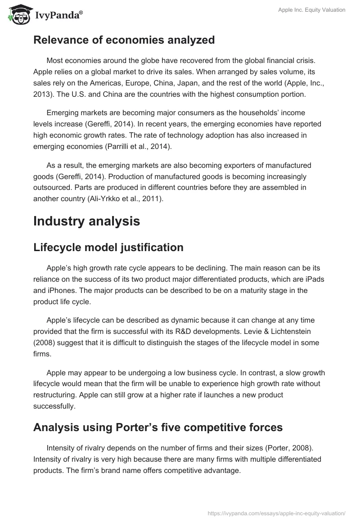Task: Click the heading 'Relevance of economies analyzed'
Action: (124, 40)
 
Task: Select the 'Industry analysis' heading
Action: (86, 221)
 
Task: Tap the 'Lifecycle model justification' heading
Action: (108, 247)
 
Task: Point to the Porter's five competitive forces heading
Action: (158, 427)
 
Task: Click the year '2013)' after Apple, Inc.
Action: (45, 94)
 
